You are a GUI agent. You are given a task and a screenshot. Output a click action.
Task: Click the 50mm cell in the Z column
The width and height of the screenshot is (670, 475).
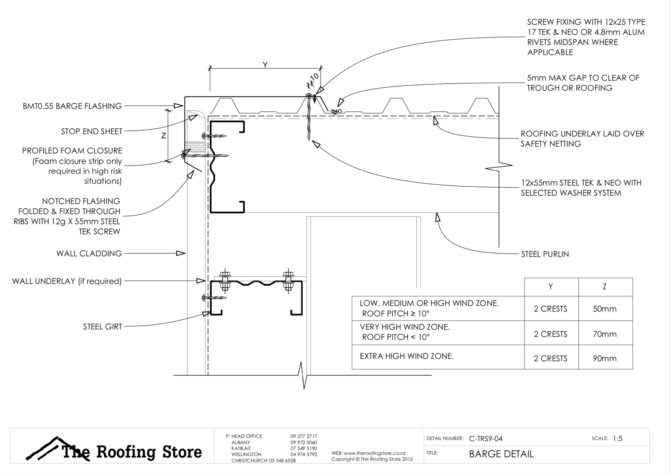click(x=605, y=309)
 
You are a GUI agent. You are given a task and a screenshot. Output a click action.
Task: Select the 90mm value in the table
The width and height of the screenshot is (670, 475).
click(x=605, y=358)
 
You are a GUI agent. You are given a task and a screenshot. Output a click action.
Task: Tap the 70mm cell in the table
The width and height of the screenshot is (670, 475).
click(x=605, y=334)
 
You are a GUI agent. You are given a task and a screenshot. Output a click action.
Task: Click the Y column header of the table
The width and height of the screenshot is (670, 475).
click(x=551, y=287)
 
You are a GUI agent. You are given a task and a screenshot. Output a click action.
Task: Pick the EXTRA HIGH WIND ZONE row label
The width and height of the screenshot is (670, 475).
click(x=407, y=356)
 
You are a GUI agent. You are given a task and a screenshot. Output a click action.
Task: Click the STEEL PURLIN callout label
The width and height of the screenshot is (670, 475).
click(x=545, y=254)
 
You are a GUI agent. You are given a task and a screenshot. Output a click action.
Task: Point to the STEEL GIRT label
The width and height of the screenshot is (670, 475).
click(x=102, y=327)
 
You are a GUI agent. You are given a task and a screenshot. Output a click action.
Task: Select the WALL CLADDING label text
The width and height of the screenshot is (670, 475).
click(x=89, y=254)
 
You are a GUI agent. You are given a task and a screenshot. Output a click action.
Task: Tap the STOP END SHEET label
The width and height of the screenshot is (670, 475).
click(x=91, y=131)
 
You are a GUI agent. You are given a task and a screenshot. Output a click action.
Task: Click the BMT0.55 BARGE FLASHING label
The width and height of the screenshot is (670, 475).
click(x=72, y=106)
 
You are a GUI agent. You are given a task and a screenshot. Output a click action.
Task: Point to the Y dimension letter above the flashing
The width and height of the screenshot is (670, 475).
click(x=265, y=65)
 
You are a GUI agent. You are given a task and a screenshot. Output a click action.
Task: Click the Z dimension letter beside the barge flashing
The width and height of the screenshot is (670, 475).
click(x=163, y=136)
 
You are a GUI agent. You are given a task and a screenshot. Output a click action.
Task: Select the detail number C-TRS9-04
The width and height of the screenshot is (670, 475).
click(x=486, y=439)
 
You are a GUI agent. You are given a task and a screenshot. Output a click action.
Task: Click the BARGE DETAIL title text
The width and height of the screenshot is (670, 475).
click(x=501, y=454)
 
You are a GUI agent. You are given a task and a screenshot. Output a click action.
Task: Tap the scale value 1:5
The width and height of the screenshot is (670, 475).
click(x=617, y=438)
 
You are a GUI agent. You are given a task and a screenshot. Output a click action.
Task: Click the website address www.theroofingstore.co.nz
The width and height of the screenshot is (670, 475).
click(x=374, y=453)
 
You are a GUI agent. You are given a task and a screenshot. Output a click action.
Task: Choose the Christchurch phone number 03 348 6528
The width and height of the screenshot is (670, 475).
click(x=282, y=460)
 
